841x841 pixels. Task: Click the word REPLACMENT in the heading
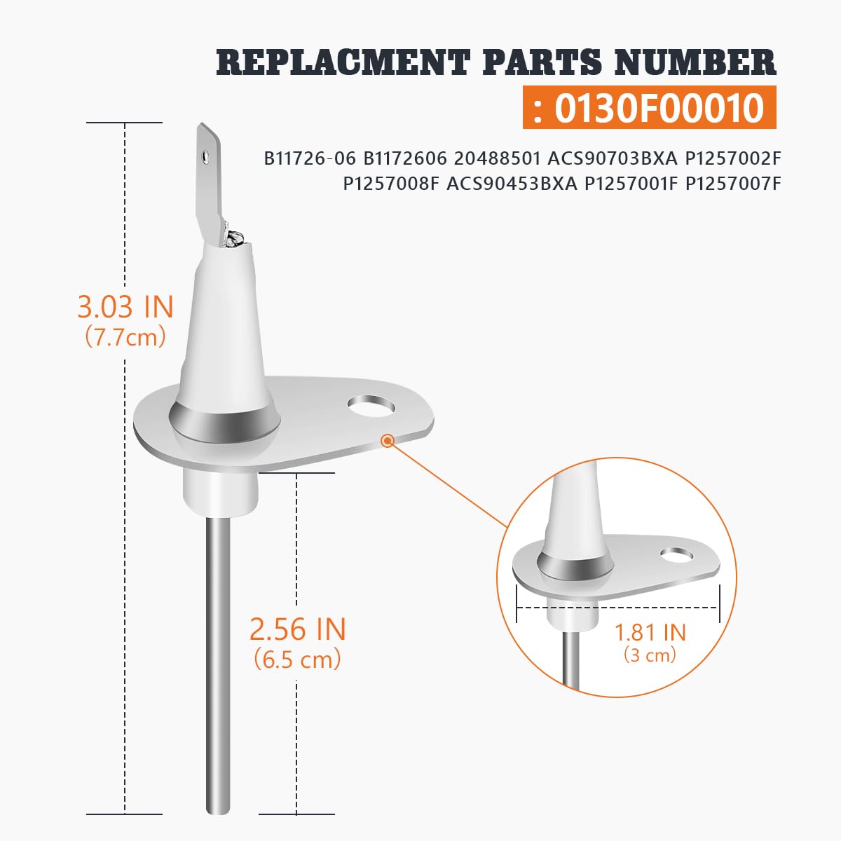pyautogui.click(x=343, y=62)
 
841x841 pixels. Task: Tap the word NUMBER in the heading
pyautogui.click(x=695, y=62)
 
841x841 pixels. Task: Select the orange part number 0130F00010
pyautogui.click(x=659, y=107)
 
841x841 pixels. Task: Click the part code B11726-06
pyautogui.click(x=310, y=159)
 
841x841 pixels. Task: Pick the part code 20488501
pyautogui.click(x=496, y=159)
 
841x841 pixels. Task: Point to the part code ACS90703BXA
pyautogui.click(x=613, y=159)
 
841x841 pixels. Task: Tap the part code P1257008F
pyautogui.click(x=390, y=184)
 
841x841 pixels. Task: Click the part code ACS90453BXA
pyautogui.click(x=512, y=184)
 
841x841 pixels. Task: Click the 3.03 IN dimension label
pyautogui.click(x=125, y=307)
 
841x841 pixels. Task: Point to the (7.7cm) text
pyautogui.click(x=125, y=337)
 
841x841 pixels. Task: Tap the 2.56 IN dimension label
pyautogui.click(x=298, y=629)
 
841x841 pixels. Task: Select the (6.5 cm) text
pyautogui.click(x=298, y=659)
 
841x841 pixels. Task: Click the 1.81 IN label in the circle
pyautogui.click(x=650, y=632)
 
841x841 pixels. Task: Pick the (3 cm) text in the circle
pyautogui.click(x=650, y=656)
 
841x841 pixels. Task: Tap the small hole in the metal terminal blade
pyautogui.click(x=204, y=154)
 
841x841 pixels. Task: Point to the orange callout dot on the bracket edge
pyautogui.click(x=387, y=441)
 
